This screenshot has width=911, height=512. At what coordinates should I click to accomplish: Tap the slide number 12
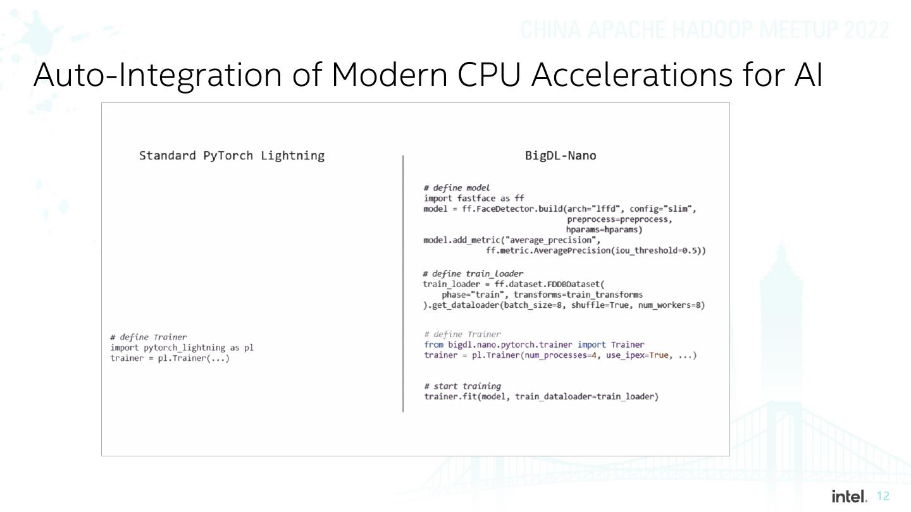coord(884,497)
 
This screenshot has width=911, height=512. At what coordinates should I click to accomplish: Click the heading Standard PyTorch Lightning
coord(232,155)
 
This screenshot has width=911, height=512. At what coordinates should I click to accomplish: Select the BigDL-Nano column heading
coord(561,155)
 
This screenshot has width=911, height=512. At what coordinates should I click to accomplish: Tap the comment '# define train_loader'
coord(473,274)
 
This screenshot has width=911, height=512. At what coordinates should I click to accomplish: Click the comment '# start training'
coord(462,386)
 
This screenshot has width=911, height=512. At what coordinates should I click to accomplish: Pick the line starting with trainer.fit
coord(541,396)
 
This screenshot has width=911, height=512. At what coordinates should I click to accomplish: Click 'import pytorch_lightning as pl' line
coord(182,348)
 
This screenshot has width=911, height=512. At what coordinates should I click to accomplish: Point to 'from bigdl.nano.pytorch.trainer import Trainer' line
coord(534,344)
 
